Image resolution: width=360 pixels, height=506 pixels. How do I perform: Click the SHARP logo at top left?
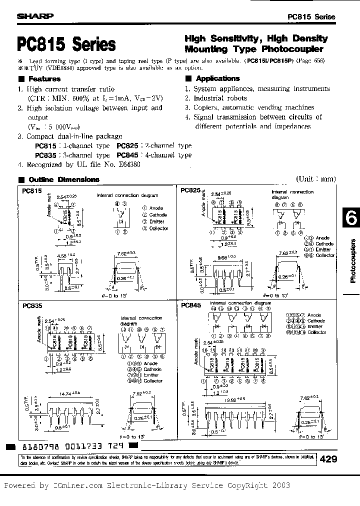(35, 16)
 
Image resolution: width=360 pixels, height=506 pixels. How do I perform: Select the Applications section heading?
(217, 78)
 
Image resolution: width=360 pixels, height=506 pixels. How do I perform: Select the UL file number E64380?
(128, 164)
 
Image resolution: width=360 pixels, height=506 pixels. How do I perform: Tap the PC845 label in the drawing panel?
(191, 304)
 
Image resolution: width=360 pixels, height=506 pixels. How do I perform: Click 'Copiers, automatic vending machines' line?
(253, 107)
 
